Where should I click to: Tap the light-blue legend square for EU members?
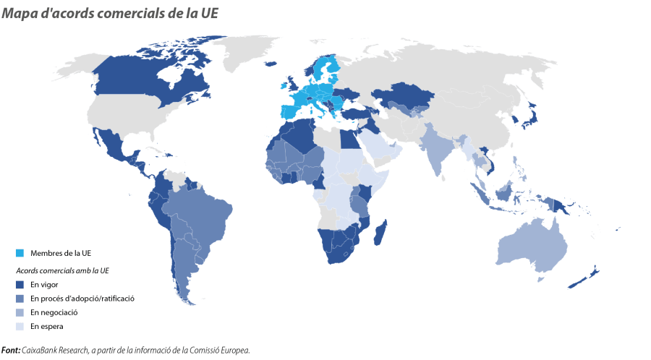click(x=20, y=252)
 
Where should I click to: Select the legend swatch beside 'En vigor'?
click(x=20, y=284)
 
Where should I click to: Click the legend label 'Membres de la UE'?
click(x=60, y=252)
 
